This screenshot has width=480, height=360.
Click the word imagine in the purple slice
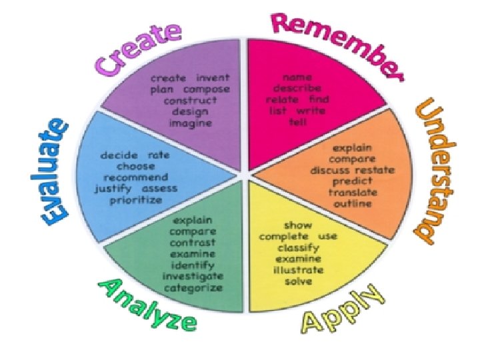(x=191, y=123)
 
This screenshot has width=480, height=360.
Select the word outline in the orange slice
(x=353, y=203)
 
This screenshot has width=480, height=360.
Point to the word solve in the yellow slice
(x=298, y=281)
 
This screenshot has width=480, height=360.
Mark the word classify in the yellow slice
(x=298, y=247)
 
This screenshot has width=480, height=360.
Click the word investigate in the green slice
(x=193, y=275)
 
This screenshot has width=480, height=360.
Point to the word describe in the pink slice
(x=297, y=88)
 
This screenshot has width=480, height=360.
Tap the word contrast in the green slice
(x=193, y=243)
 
